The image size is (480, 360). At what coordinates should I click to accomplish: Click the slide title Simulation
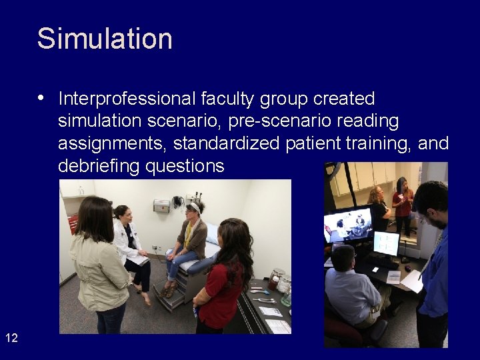pos(105,39)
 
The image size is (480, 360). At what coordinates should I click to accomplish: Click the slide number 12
pos(11,338)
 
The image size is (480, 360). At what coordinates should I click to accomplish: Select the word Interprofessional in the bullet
pos(127,99)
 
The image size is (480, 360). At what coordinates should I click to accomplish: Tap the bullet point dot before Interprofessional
pos(41,99)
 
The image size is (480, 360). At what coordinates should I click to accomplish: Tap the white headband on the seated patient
pos(193,207)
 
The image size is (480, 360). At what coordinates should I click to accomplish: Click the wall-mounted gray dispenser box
pos(161,206)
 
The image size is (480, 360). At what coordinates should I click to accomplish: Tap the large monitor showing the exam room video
pos(349,225)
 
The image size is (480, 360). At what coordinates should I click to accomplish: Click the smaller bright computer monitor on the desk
pos(386,243)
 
